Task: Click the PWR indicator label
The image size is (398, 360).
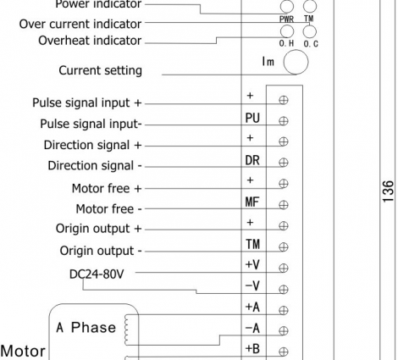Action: coord(286,19)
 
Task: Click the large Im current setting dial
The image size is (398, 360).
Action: coord(296,62)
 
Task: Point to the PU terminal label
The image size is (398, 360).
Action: coord(252,118)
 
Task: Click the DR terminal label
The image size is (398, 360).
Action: coord(252,160)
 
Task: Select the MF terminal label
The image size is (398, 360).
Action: coord(252,202)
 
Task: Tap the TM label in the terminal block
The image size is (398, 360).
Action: coord(252,244)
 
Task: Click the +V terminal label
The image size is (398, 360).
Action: coord(252,265)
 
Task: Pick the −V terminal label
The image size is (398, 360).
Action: coord(252,285)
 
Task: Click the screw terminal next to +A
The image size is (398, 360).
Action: coord(284,310)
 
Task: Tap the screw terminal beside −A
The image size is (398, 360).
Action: coord(284,330)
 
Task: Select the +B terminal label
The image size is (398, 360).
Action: coord(252,349)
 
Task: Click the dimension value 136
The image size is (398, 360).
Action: coord(389,191)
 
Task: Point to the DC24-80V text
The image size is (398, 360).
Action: coord(97,274)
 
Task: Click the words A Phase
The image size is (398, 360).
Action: coord(86,328)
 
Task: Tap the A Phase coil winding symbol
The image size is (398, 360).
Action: coord(126,330)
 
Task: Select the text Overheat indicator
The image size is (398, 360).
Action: coord(90,41)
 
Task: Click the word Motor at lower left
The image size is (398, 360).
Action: coord(23,352)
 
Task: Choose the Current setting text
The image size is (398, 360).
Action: coord(100,70)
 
